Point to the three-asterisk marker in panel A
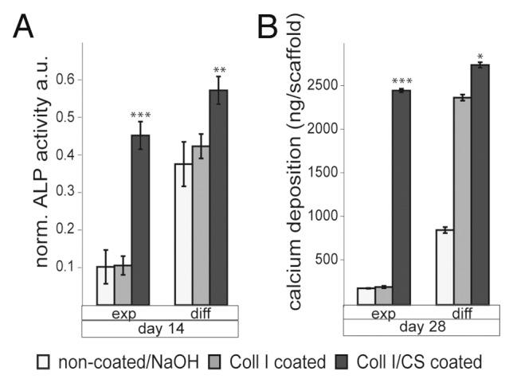point(140,115)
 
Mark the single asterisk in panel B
point(480,56)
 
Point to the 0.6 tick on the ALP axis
point(66,80)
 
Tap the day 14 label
point(160,327)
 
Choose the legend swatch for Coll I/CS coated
point(345,362)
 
